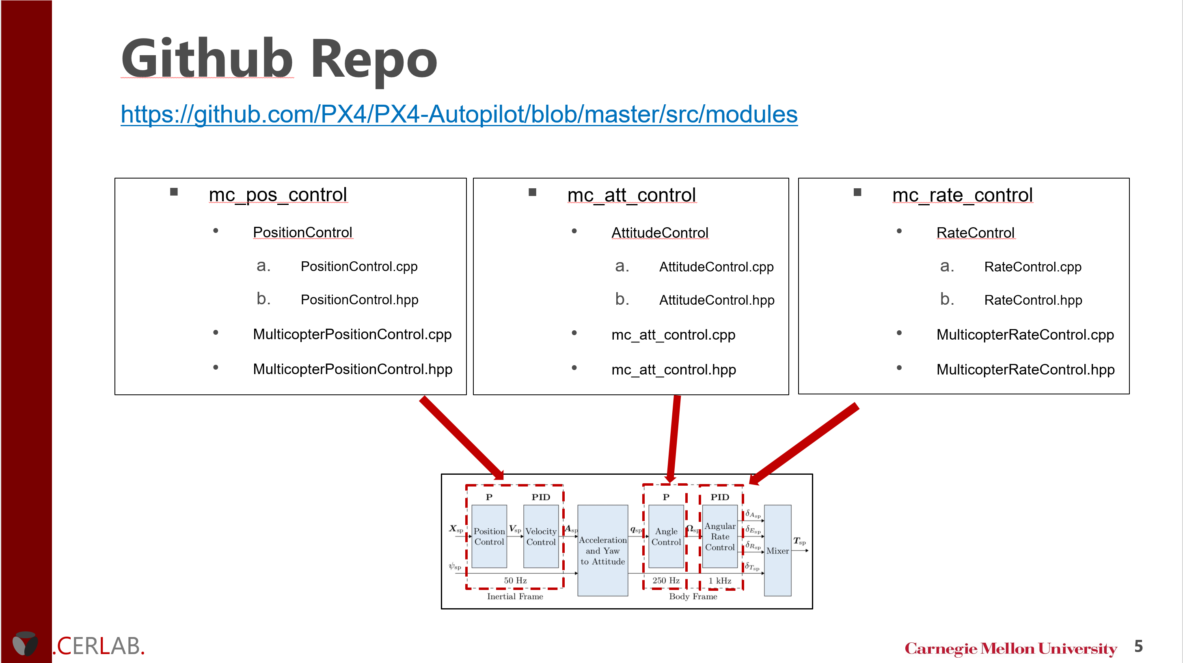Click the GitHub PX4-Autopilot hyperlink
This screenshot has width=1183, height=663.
click(x=458, y=114)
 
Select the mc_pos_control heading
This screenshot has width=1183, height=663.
click(x=277, y=195)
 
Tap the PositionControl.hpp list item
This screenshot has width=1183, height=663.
click(x=359, y=300)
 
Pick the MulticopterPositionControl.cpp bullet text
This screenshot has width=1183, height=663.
click(x=352, y=334)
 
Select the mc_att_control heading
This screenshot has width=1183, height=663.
click(x=631, y=195)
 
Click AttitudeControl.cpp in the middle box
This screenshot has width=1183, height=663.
click(x=716, y=267)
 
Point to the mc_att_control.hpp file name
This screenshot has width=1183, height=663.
click(x=673, y=370)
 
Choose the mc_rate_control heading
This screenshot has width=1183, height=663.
click(x=962, y=195)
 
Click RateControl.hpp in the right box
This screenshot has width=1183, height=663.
click(x=1033, y=300)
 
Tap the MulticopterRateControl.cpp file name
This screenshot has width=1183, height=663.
click(x=1025, y=335)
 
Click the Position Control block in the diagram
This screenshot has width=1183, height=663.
click(x=489, y=536)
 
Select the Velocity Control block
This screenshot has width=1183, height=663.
click(x=541, y=536)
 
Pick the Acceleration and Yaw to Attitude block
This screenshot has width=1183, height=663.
click(x=602, y=550)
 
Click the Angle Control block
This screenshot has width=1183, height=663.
click(x=666, y=536)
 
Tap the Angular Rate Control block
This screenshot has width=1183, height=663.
click(x=720, y=536)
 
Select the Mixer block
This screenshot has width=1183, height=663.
click(x=777, y=550)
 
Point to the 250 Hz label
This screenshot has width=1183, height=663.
click(x=666, y=581)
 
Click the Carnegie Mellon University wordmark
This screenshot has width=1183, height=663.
click(x=1010, y=648)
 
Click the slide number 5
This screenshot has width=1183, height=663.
click(x=1138, y=646)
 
